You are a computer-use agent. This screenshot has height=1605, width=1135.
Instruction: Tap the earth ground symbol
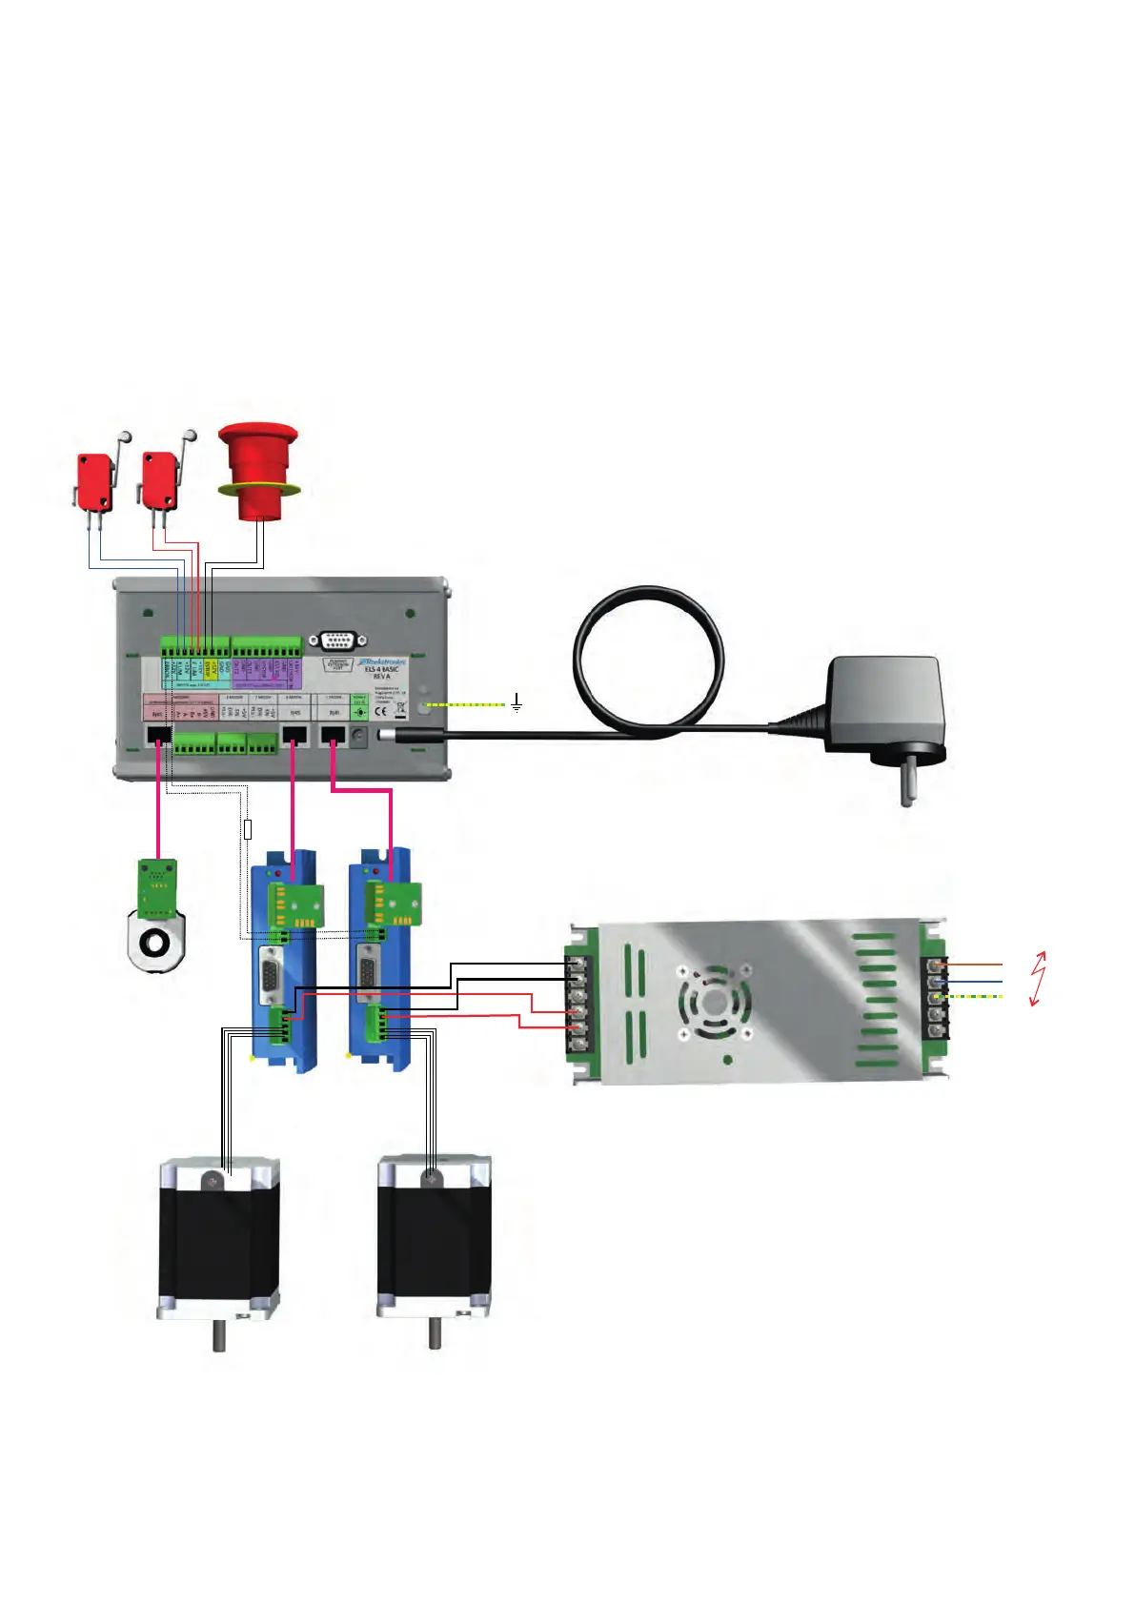pos(517,704)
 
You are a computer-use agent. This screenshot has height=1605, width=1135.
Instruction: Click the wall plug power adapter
pos(884,705)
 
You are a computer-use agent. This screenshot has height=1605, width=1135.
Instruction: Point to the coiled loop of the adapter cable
pos(648,658)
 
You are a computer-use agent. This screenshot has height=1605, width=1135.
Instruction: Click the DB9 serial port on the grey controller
pos(337,641)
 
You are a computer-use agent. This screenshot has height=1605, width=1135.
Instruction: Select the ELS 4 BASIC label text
pos(381,671)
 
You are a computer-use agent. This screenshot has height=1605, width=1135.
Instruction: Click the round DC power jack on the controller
pos(359,736)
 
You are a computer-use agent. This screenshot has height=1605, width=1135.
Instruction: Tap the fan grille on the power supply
pos(714,1003)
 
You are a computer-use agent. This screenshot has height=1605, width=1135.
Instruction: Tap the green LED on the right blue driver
pos(366,871)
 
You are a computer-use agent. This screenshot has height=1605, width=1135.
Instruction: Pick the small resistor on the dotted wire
pos(249,828)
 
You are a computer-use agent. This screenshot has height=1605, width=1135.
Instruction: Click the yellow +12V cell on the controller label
pos(208,669)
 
